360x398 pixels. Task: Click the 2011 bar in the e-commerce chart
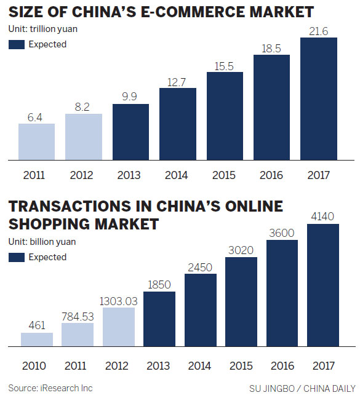click(37, 141)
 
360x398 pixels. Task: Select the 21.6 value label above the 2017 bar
click(319, 30)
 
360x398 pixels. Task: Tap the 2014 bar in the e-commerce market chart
click(178, 123)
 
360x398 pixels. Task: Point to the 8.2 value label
click(84, 106)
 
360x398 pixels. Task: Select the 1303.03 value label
click(118, 301)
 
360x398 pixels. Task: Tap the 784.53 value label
click(78, 316)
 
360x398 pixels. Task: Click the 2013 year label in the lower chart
click(159, 366)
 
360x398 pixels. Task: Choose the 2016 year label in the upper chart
click(271, 175)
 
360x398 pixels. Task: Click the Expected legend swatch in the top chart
click(17, 44)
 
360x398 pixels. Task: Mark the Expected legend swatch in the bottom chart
click(17, 257)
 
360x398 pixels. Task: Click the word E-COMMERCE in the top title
click(193, 12)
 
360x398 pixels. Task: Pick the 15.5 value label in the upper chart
click(225, 65)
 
